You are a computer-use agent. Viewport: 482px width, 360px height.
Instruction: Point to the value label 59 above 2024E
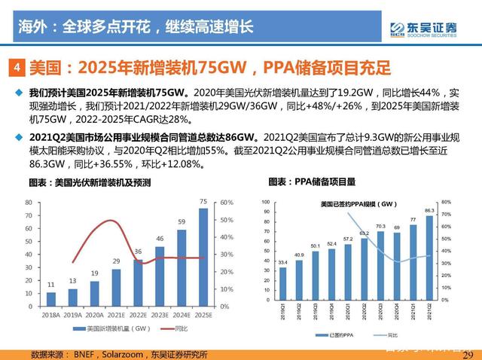(x=182, y=222)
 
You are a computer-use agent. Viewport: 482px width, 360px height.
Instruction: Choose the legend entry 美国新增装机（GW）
(x=106, y=329)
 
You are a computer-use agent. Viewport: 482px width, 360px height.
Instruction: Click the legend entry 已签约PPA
(x=335, y=333)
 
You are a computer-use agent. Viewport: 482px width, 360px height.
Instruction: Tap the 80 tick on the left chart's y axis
(x=28, y=203)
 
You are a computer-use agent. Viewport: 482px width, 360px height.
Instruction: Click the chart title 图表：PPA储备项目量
(x=312, y=182)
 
